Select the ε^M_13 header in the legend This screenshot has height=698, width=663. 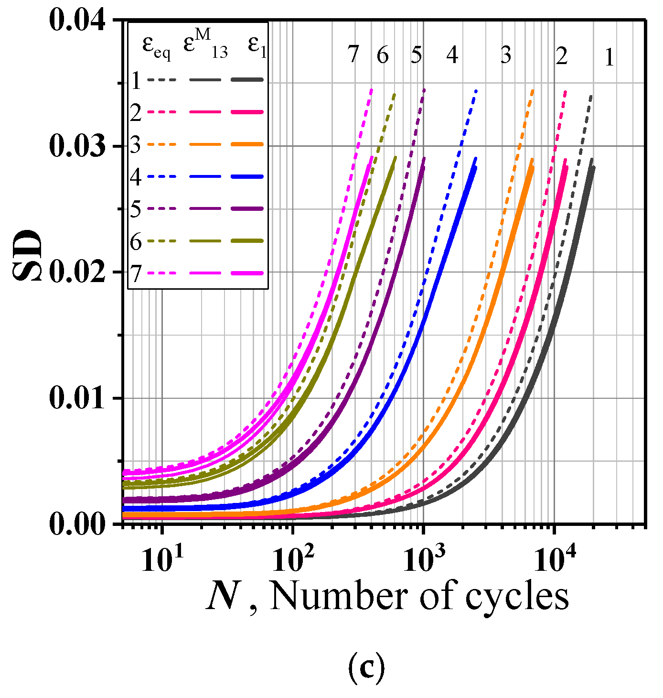(x=205, y=45)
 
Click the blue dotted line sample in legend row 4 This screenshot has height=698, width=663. (x=161, y=177)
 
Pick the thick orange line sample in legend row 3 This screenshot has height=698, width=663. (x=247, y=144)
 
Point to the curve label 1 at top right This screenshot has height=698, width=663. (x=609, y=58)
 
